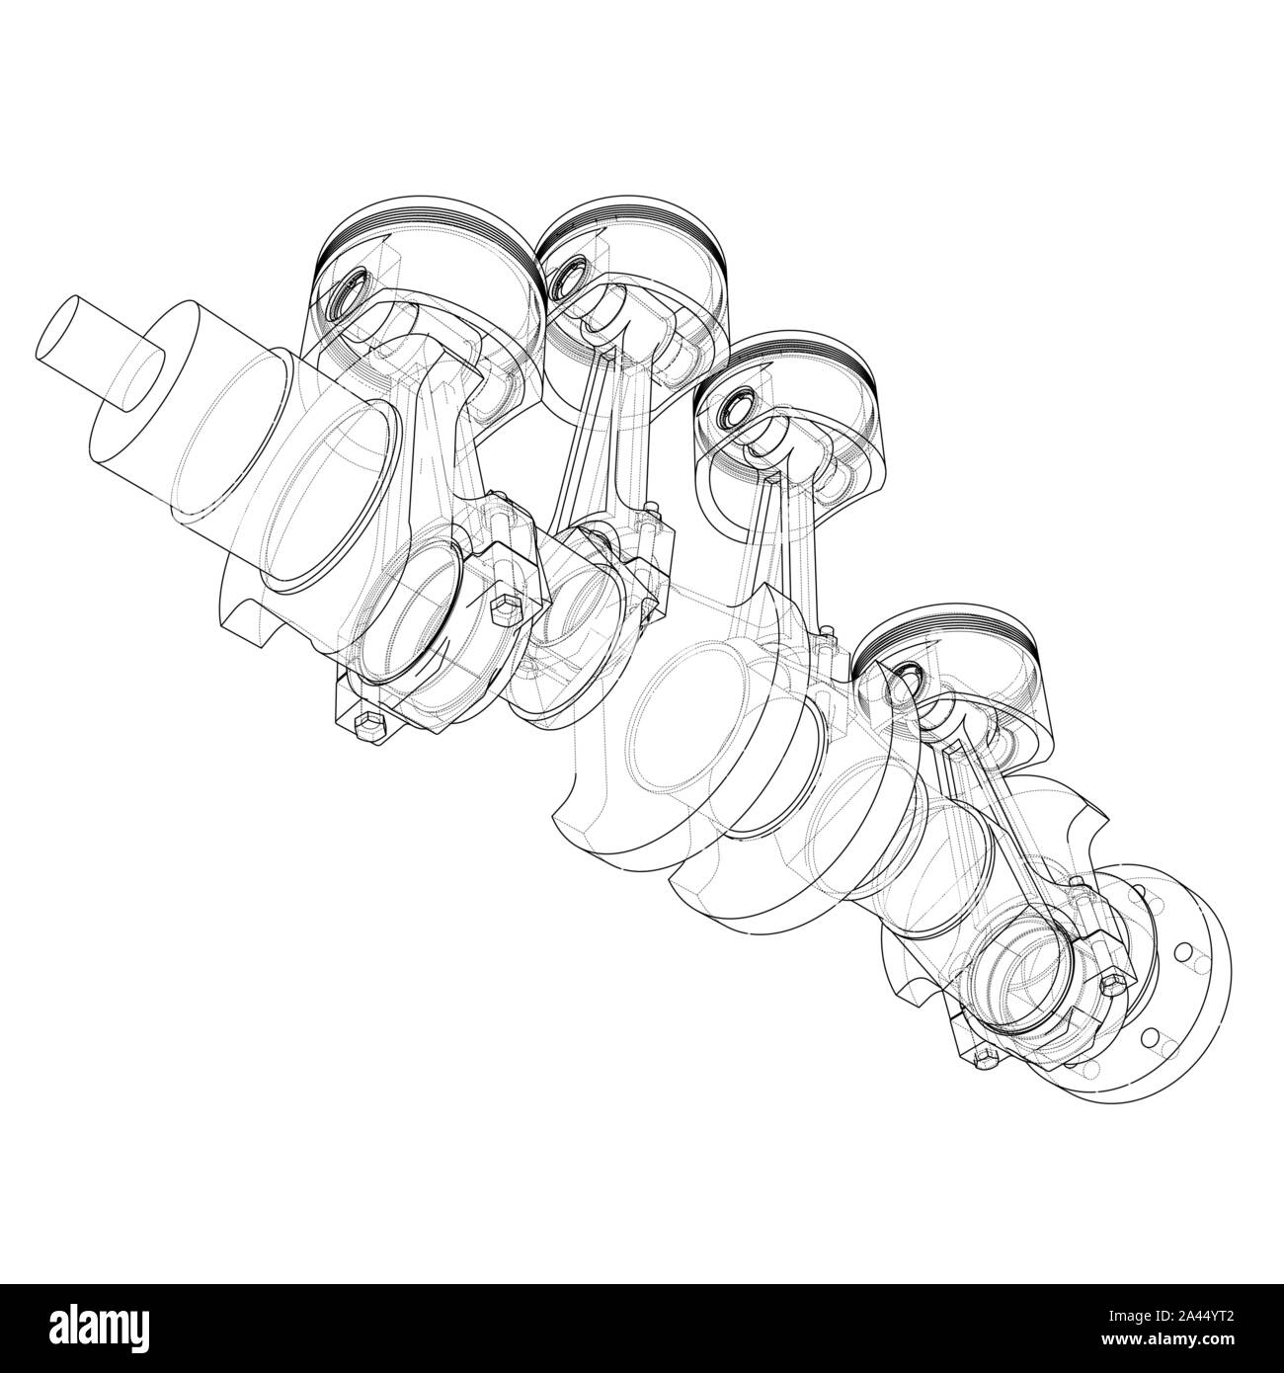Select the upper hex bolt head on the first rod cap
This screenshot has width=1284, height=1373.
click(501, 607)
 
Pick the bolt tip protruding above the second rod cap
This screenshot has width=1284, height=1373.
click(649, 511)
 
